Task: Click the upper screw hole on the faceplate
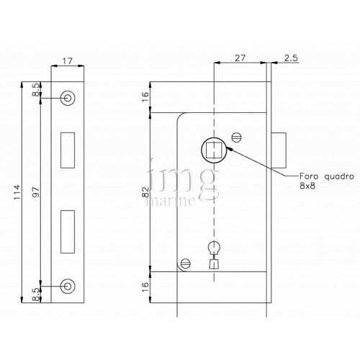point(68,97)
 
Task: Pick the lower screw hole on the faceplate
point(68,285)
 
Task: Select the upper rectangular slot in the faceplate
point(68,148)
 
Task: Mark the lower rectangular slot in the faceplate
point(68,230)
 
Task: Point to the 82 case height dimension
point(145,193)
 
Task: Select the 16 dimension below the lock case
point(145,286)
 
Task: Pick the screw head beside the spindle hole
point(238,135)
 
